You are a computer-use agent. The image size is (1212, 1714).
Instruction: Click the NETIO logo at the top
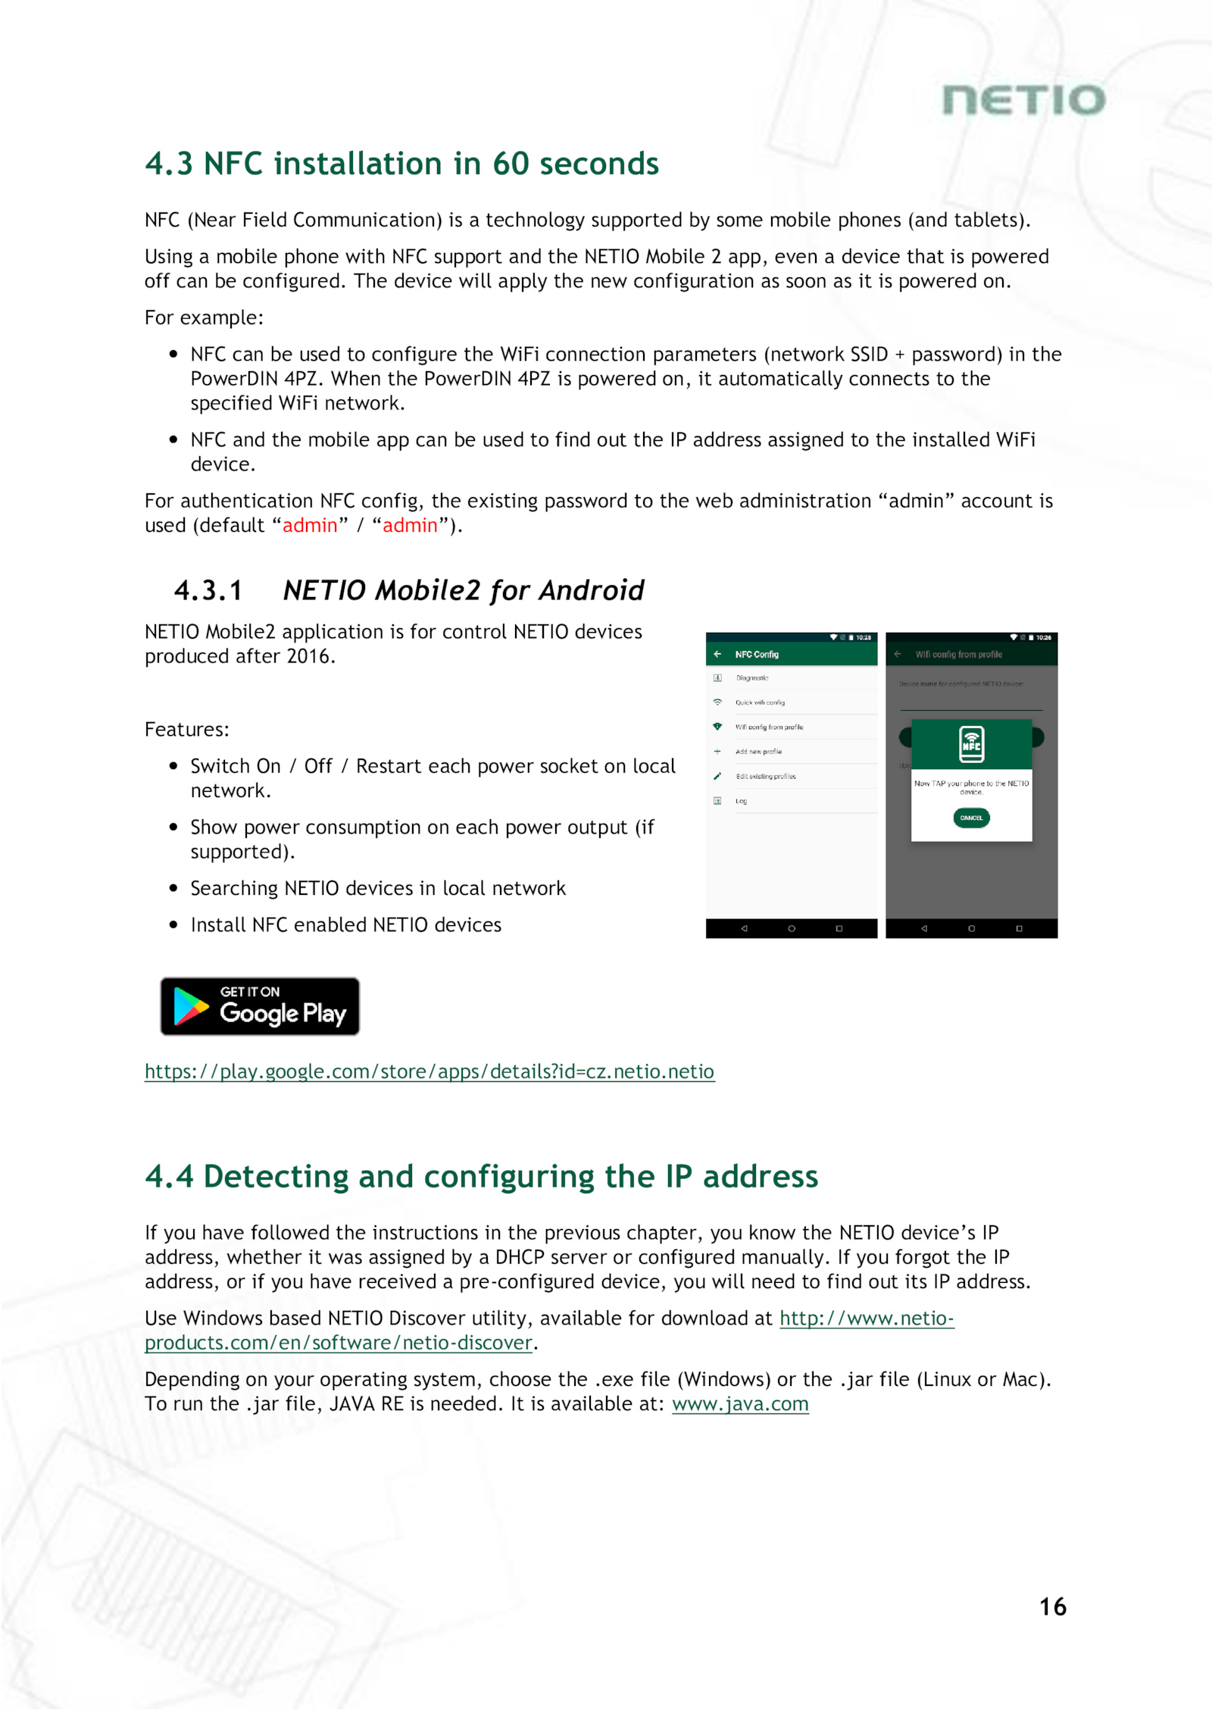(x=1023, y=100)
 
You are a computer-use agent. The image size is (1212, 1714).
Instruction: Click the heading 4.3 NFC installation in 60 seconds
(x=401, y=164)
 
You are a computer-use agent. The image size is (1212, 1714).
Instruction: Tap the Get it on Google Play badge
(x=260, y=1006)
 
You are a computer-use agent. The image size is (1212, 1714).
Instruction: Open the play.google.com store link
(x=429, y=1071)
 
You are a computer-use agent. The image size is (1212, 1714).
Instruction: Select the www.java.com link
(x=740, y=1404)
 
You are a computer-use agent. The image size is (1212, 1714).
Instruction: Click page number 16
(x=1052, y=1606)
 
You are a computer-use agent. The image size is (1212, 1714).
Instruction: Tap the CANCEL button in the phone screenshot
(x=971, y=818)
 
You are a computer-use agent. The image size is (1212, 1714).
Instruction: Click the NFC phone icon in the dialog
(x=971, y=743)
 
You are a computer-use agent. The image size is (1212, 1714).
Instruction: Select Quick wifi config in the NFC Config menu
(x=760, y=702)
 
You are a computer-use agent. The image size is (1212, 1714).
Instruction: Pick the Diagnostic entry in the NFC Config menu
(x=752, y=678)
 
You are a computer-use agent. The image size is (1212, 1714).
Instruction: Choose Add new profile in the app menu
(x=758, y=752)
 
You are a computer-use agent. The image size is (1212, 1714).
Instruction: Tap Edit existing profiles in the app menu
(x=766, y=776)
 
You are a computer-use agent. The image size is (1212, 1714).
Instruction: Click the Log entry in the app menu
(x=742, y=801)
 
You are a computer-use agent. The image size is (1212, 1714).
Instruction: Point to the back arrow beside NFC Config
(x=717, y=654)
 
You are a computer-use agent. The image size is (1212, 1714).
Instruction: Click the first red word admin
(x=310, y=525)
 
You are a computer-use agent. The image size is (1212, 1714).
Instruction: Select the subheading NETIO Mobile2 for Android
(x=463, y=590)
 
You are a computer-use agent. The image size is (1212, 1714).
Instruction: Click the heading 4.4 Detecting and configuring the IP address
(x=481, y=1176)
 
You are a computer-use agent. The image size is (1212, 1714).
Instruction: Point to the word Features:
(x=187, y=729)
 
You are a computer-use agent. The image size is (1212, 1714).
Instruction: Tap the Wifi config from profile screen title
(x=958, y=654)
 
